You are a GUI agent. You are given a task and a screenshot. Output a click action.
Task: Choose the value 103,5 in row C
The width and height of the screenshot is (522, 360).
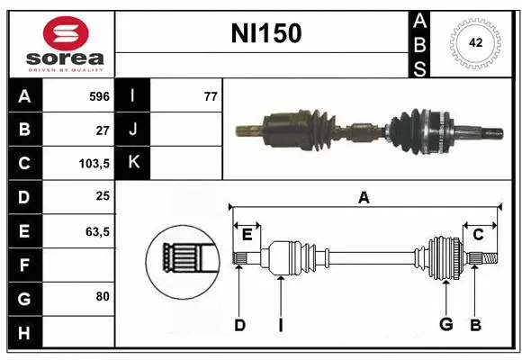tap(94, 163)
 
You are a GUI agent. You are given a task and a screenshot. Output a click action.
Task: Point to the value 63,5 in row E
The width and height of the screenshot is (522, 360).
tap(97, 231)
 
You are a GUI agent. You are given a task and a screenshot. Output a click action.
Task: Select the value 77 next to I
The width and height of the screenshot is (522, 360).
tap(211, 95)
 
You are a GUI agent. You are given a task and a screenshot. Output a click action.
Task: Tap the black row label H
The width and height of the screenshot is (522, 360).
tap(24, 333)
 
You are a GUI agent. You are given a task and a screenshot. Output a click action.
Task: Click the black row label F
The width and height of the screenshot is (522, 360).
tap(24, 265)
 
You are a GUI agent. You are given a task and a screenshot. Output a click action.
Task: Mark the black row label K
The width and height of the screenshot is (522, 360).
tap(134, 163)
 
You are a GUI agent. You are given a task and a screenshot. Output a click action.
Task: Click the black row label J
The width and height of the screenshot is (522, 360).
tap(134, 129)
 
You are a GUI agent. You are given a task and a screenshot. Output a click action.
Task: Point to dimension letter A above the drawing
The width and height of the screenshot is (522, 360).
tap(364, 197)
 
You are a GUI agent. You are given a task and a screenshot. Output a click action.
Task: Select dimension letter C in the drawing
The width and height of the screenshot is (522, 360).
tap(479, 233)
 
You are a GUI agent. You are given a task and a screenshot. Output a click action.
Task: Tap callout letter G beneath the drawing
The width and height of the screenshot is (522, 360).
tap(445, 325)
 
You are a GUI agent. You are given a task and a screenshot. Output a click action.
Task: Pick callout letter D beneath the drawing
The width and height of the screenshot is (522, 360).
tap(239, 325)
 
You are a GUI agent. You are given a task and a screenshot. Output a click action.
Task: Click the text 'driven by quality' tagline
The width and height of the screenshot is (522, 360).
tap(66, 68)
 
